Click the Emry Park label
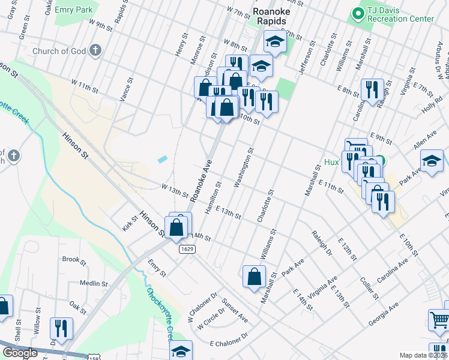click(73, 10)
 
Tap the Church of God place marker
click(94, 51)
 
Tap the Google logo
click(20, 353)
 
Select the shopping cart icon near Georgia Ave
click(439, 320)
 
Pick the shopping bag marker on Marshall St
click(254, 277)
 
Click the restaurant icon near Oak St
click(61, 328)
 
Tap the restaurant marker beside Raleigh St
click(372, 90)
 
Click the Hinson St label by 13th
click(152, 223)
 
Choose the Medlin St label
click(93, 283)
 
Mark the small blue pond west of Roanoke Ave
click(163, 160)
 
